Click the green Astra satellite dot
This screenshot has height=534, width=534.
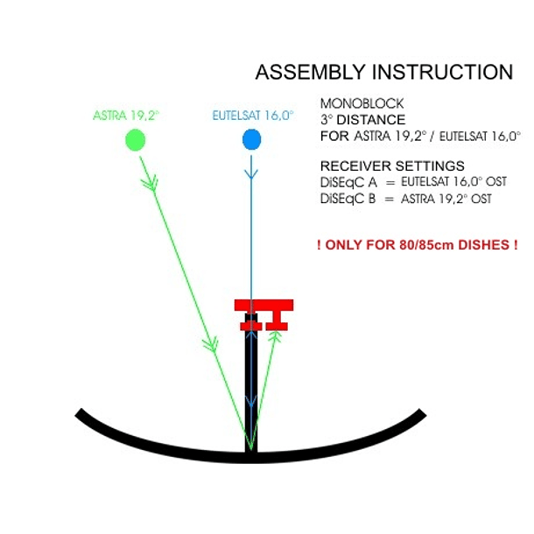coord(135,139)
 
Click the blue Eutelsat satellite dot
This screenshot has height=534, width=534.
coord(251,139)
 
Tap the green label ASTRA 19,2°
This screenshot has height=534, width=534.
coord(124,115)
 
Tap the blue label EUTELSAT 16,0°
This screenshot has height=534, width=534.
coord(253,115)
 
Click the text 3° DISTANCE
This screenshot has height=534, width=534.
coord(362,120)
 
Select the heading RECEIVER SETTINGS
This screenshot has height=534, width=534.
coord(392,165)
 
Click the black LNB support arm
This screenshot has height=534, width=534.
coord(251,385)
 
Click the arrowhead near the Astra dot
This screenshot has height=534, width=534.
coord(151,183)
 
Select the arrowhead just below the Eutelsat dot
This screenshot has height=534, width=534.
coord(251,174)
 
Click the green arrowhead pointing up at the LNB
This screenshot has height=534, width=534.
coord(275,335)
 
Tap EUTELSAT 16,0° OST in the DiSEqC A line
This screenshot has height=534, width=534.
coord(453,182)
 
